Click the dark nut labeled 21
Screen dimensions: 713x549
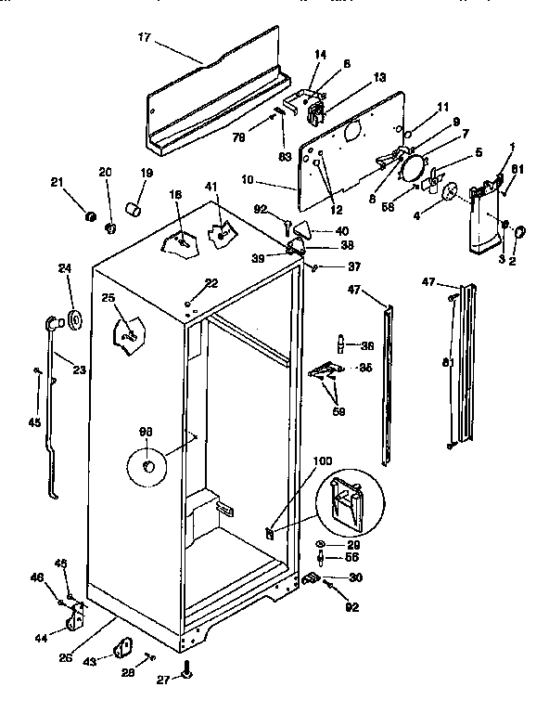(90, 216)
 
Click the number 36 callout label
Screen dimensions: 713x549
(367, 345)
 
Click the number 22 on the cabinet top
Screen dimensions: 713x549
(211, 283)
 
